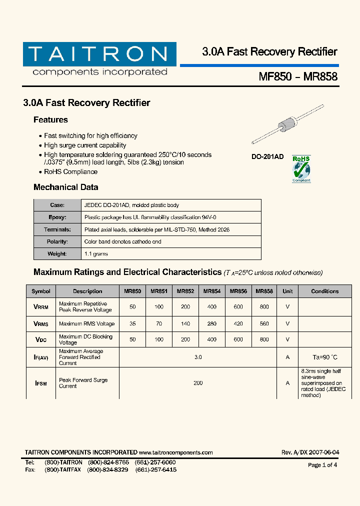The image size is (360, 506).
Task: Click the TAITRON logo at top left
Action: coord(99,59)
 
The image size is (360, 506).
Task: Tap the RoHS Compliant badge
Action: coord(301,168)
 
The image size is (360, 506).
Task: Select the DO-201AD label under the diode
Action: coord(267,157)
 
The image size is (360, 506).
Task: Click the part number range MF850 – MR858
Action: coord(298,77)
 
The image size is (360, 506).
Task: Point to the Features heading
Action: coord(50,120)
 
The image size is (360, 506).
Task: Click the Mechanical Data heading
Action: coord(65,187)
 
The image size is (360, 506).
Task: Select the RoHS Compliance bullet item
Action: coord(70,172)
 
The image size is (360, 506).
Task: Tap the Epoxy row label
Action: coord(57,217)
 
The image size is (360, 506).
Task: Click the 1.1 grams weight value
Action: coord(96,254)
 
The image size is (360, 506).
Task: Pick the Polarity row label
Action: coord(57,241)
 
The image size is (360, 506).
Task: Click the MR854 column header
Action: coord(212,291)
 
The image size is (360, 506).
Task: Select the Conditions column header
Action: coord(324,291)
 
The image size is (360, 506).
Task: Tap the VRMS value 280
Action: coord(211,324)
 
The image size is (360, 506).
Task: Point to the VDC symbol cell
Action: coord(41,340)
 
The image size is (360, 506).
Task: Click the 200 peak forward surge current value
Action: coord(198,383)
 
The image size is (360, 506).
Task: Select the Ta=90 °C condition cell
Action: coord(324,357)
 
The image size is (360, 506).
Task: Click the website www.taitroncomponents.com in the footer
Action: coord(175,452)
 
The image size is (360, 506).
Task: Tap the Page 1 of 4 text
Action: coord(322,465)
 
